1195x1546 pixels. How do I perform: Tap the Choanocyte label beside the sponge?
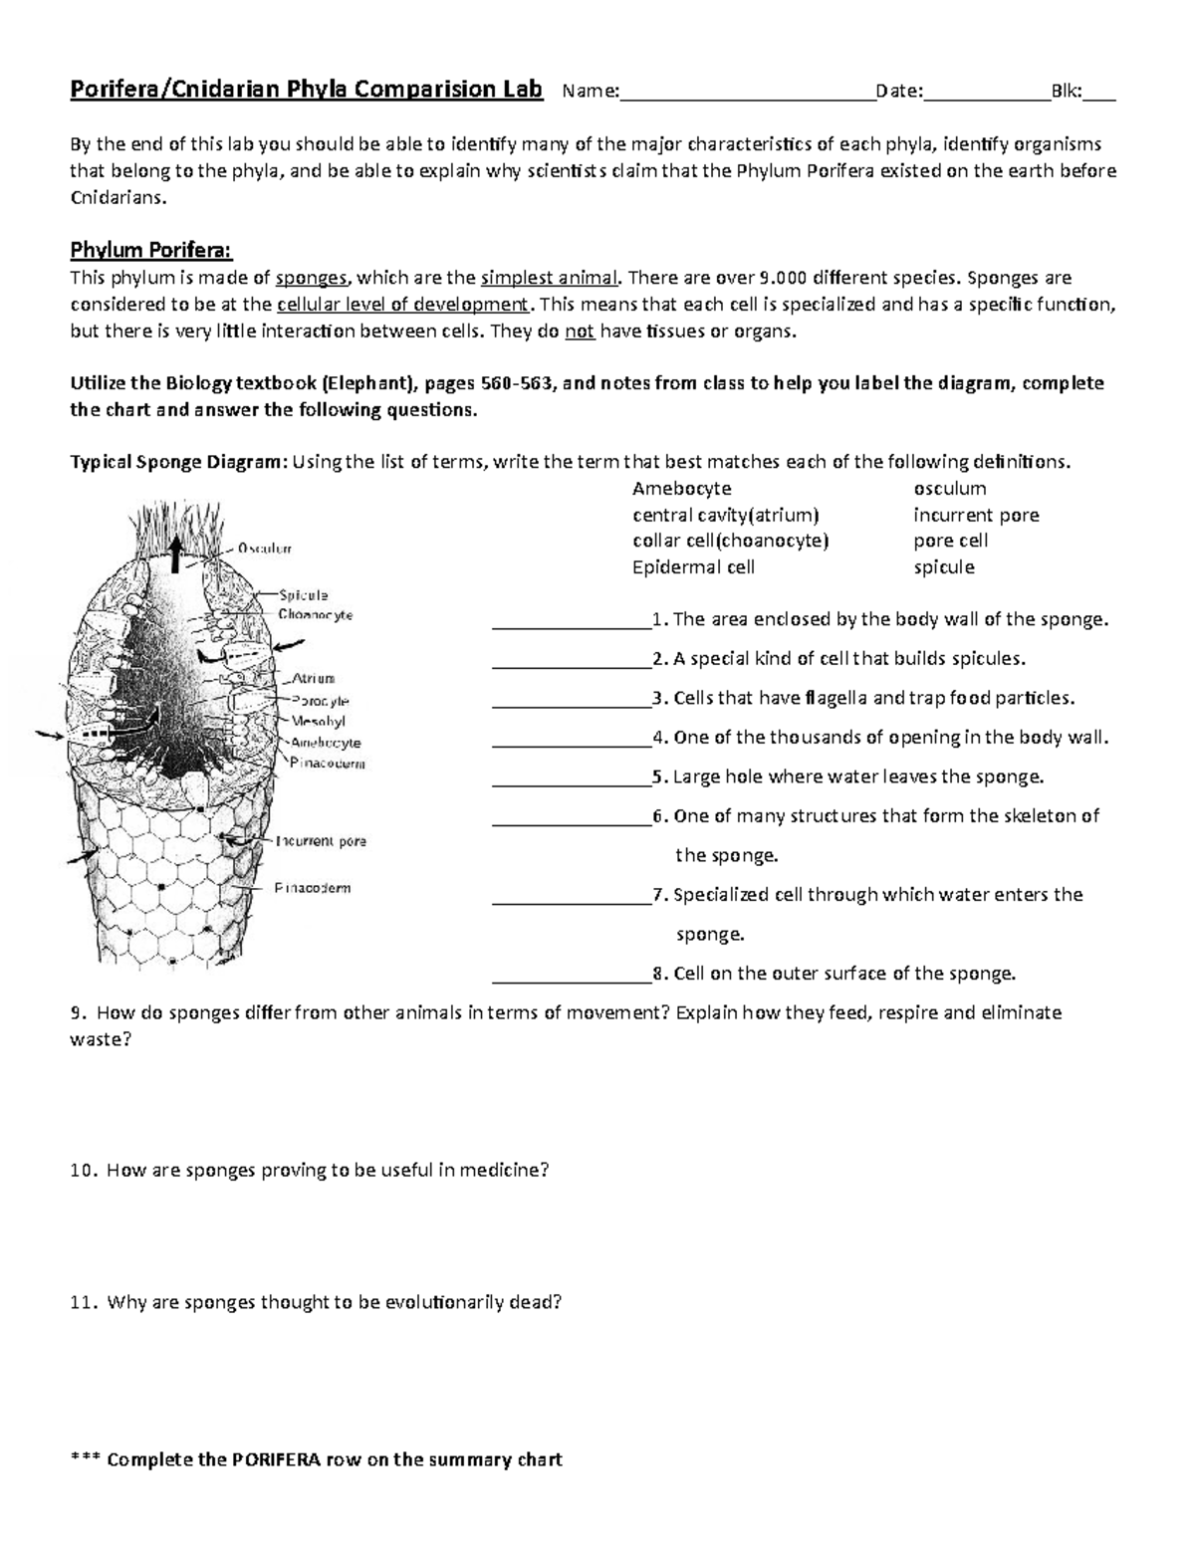tap(316, 615)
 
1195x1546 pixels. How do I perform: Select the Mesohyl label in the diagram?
tap(318, 721)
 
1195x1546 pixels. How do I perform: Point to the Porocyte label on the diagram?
tap(320, 701)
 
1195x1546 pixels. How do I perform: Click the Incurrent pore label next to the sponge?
tap(321, 841)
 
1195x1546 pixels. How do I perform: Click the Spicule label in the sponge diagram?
tap(304, 595)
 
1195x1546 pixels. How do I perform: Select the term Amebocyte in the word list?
tap(681, 489)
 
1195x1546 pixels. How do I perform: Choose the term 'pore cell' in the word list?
tap(950, 541)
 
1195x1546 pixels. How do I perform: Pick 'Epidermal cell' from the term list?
tap(693, 567)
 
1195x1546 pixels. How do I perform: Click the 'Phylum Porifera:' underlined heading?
tap(150, 249)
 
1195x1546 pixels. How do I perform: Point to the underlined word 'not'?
tap(580, 331)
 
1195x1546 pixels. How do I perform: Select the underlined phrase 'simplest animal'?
tap(548, 278)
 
